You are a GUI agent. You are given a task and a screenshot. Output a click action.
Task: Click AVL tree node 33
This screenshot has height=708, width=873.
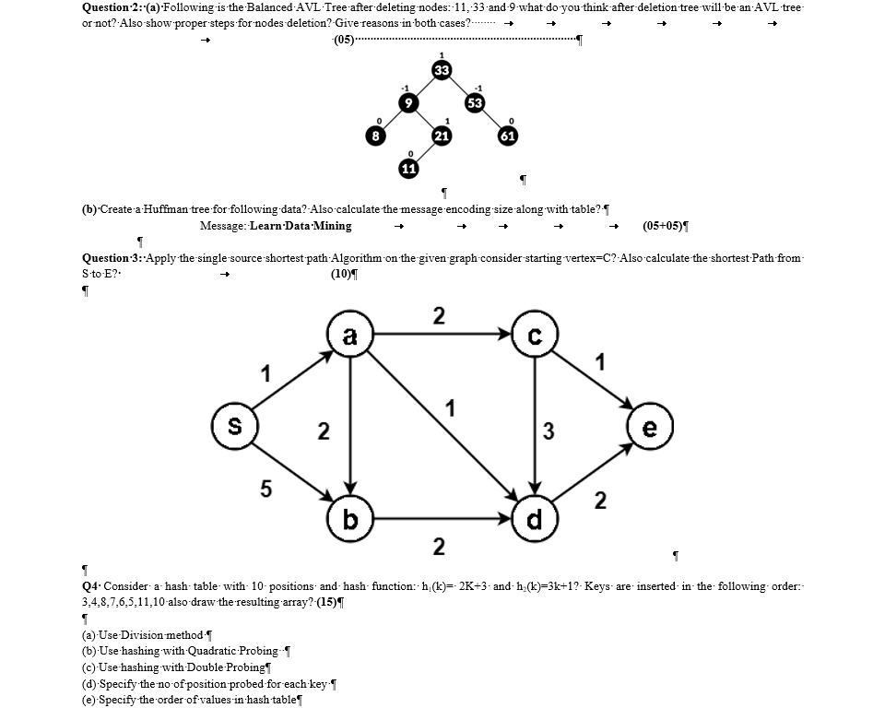point(442,70)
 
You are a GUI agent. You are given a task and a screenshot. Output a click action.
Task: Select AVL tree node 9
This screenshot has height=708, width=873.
point(407,102)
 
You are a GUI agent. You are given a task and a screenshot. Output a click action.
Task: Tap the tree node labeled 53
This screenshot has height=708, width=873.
point(475,101)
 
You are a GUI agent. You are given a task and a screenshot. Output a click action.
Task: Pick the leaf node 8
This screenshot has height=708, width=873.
point(375,136)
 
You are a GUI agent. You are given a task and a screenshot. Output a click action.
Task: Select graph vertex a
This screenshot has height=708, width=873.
point(349,336)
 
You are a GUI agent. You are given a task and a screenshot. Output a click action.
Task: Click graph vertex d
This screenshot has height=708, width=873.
point(535,520)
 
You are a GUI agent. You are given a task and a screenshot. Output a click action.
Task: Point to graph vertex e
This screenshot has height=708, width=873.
point(650,430)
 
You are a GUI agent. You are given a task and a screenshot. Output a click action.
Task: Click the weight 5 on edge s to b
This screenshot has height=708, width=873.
point(265,490)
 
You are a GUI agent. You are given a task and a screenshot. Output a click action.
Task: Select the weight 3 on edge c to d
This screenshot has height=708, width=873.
point(548,431)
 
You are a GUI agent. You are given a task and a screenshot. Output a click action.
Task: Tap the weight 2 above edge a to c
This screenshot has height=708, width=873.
point(439,316)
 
